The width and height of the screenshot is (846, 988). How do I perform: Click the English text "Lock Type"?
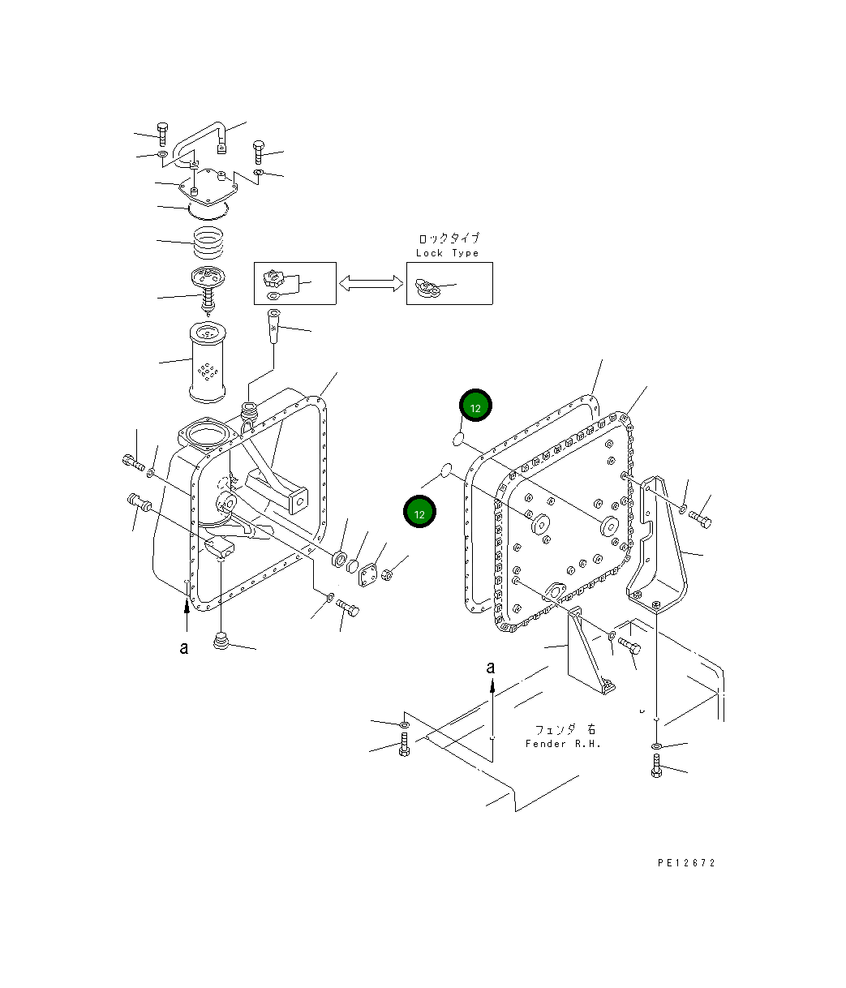(447, 253)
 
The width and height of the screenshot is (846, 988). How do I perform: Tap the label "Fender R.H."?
(563, 744)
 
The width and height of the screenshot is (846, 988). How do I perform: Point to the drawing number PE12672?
(686, 863)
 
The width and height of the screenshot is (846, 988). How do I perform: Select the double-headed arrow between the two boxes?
(371, 283)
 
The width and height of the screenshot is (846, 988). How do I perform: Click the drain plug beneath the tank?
(219, 644)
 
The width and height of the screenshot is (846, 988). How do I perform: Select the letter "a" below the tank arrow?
(185, 647)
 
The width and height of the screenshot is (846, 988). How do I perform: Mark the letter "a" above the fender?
(490, 667)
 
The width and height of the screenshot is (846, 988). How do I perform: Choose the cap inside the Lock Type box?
(426, 286)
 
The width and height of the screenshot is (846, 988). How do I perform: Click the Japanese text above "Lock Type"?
(448, 238)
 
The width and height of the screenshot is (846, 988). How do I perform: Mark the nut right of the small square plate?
(388, 574)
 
